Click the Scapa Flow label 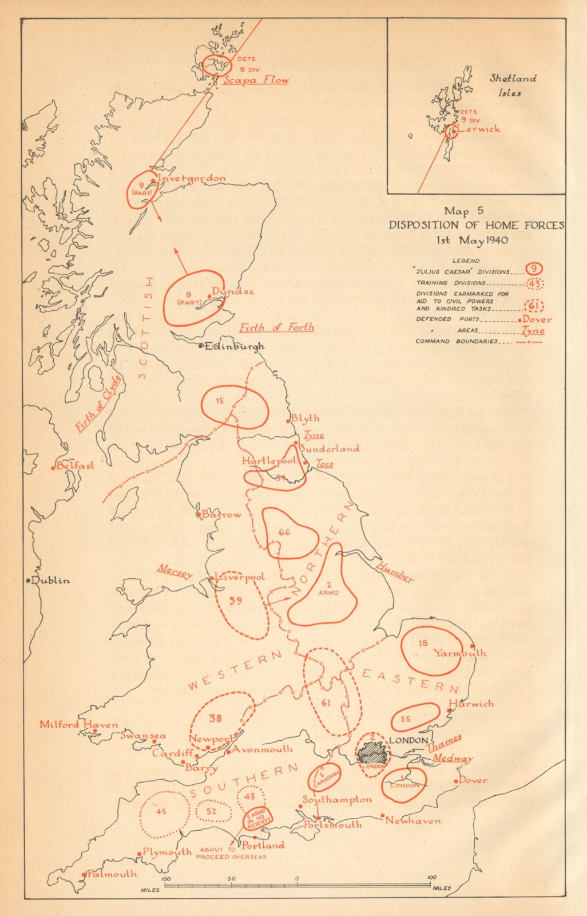[256, 80]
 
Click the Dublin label [50, 580]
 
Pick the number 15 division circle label [220, 401]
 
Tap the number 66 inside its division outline [284, 532]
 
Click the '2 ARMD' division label [328, 589]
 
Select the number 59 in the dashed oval [235, 601]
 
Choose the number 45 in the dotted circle [161, 812]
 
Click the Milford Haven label [79, 724]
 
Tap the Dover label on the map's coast [473, 780]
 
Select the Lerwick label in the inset [479, 129]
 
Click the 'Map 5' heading [463, 211]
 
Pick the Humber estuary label [395, 571]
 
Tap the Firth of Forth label [276, 327]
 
